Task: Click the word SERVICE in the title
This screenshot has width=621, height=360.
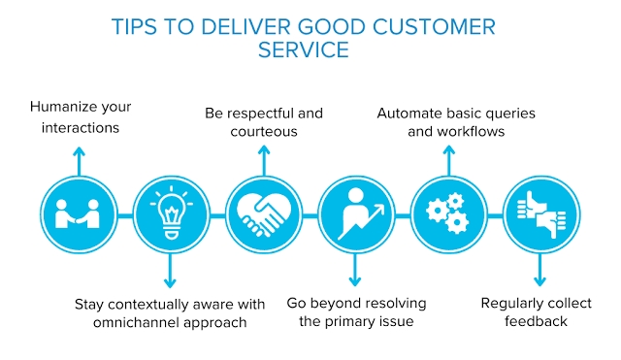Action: tap(304, 49)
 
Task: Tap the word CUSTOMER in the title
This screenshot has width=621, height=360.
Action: tap(434, 27)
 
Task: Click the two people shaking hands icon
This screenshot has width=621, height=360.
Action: tap(78, 214)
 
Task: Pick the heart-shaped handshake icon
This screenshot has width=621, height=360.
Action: tap(264, 214)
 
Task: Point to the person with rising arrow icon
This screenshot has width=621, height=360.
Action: tap(359, 213)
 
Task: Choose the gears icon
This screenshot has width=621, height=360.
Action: tap(448, 213)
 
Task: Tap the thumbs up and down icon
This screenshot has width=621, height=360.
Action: tap(541, 214)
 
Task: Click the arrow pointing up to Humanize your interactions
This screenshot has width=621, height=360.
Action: tap(79, 161)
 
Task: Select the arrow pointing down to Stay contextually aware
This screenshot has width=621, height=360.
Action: tap(170, 271)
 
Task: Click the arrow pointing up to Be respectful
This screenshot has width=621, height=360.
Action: tap(264, 160)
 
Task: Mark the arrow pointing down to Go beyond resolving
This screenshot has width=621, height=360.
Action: tap(355, 270)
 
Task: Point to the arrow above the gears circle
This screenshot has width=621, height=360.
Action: tap(448, 160)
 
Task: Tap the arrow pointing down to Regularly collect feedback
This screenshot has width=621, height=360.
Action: tap(539, 270)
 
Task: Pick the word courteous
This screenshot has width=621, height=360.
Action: tap(264, 131)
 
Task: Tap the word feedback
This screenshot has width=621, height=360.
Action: tap(536, 321)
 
